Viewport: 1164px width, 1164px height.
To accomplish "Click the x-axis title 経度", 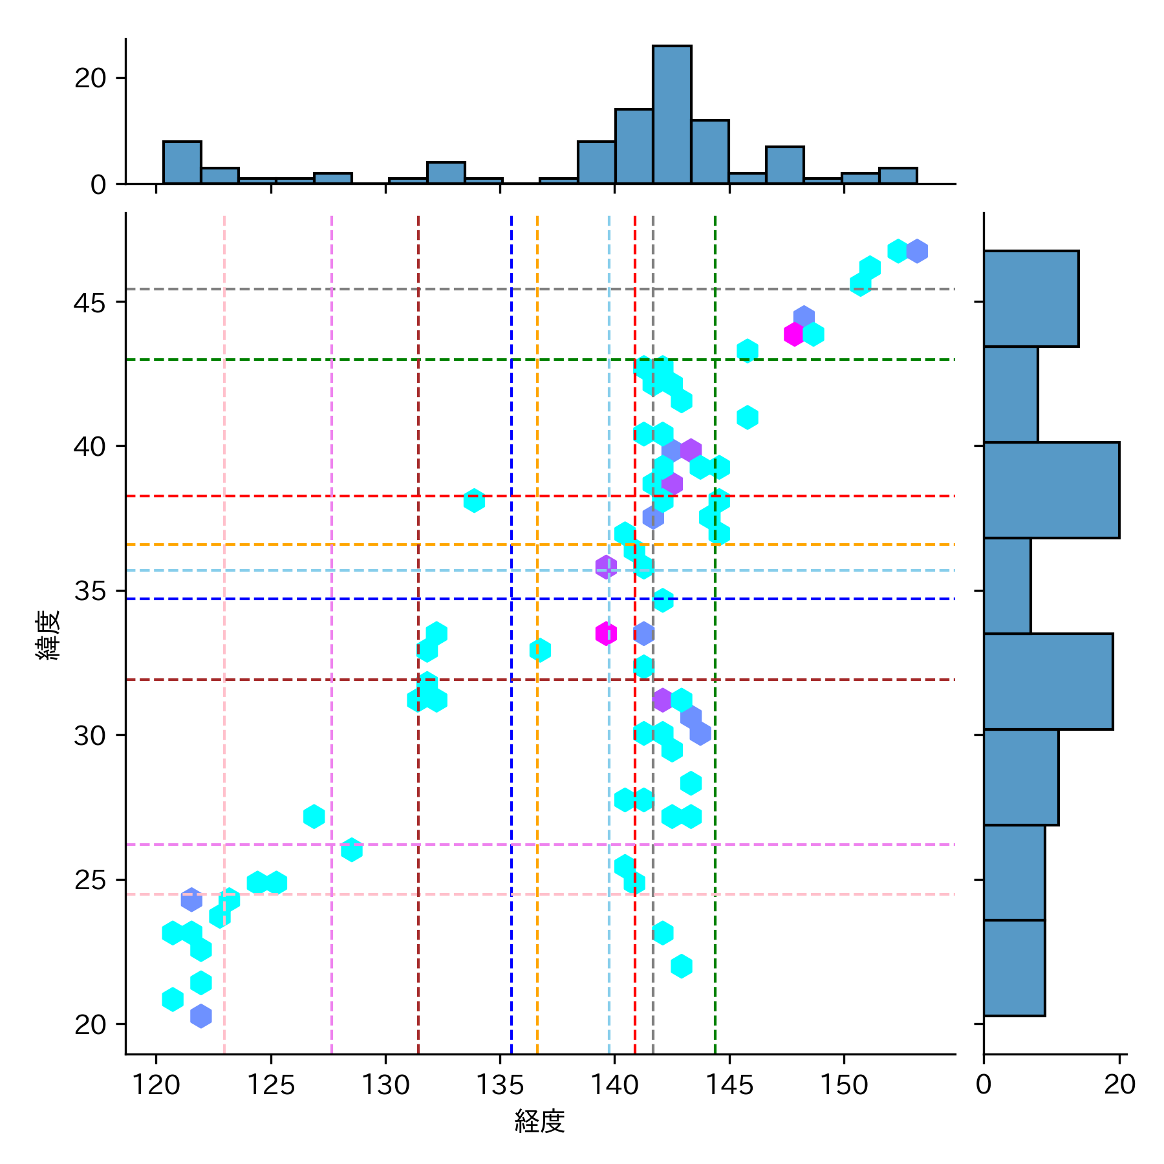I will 539,1121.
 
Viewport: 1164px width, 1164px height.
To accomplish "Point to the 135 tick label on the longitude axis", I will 500,1084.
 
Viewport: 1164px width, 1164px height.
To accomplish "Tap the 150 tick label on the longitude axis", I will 844,1084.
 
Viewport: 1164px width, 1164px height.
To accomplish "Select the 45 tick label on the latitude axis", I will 90,302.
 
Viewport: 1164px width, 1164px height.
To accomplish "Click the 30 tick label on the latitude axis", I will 90,735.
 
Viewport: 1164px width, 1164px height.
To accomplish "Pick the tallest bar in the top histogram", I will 672,114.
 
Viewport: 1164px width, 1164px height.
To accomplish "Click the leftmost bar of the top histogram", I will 182,162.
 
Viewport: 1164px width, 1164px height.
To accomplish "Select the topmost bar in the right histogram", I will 1031,299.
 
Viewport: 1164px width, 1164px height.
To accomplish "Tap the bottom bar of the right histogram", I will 1014,967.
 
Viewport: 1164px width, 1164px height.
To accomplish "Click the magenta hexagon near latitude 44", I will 794,334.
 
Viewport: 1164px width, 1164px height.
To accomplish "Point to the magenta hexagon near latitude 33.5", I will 606,633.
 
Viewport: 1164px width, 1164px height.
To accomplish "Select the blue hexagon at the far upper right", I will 917,251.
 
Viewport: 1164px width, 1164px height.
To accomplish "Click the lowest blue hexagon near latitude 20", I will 201,1015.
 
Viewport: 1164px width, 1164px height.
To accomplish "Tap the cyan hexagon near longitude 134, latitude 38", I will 474,501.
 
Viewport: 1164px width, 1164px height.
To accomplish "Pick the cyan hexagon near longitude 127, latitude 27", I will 314,817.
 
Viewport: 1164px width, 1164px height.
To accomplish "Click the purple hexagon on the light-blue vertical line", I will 606,567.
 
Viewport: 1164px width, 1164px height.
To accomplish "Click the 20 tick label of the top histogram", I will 90,78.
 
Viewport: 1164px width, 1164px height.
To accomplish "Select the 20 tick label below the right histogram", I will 1120,1084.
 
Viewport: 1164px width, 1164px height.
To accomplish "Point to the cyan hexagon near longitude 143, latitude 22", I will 682,966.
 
